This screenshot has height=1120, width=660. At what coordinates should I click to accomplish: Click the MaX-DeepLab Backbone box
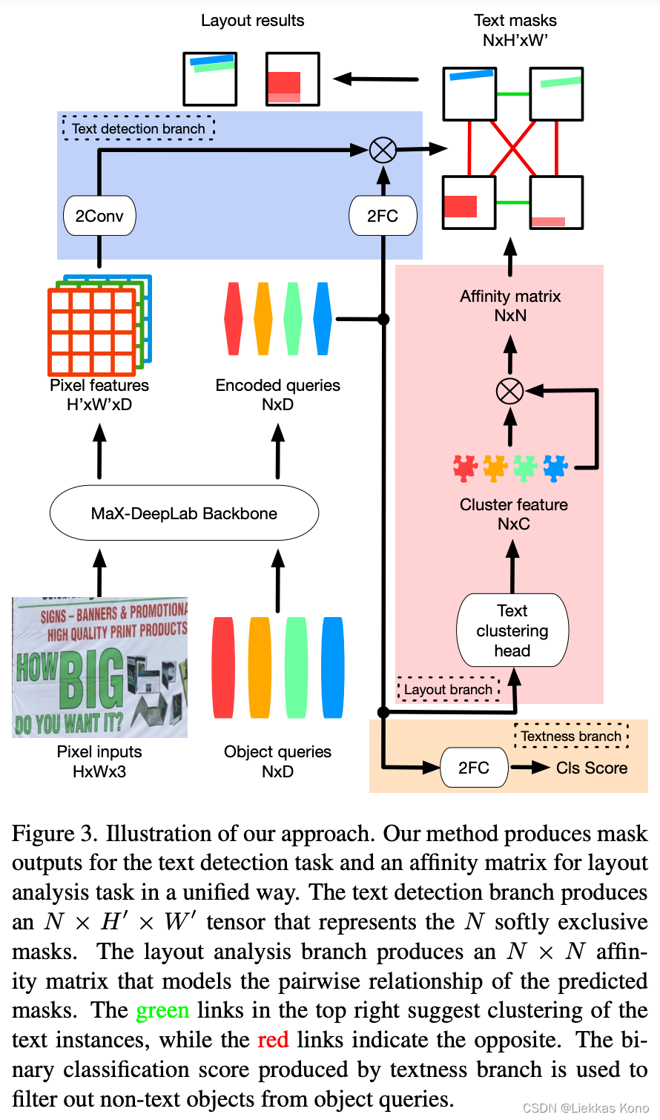coord(184,513)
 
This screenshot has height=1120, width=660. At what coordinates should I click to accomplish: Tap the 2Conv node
coord(99,216)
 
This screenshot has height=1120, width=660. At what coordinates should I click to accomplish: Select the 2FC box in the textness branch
coord(474,768)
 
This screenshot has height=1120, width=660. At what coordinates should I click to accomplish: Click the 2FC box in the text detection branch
coord(383,216)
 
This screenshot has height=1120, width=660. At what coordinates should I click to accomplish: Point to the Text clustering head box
coord(512,630)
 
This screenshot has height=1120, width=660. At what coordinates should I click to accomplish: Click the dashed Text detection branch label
coord(139,128)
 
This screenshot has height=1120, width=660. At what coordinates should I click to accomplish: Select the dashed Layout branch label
coord(448,689)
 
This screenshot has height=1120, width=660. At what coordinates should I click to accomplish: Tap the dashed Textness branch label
coord(571,736)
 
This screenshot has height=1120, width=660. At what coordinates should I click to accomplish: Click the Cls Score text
coord(592,768)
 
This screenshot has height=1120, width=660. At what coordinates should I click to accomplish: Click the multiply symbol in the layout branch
coord(509,390)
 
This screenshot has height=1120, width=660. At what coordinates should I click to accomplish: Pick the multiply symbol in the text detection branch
coord(383,150)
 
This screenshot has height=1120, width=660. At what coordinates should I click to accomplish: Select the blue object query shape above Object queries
coord(333,668)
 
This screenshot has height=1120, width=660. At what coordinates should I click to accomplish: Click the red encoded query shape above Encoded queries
coord(234,319)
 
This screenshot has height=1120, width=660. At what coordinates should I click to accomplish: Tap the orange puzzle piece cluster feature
coord(495,468)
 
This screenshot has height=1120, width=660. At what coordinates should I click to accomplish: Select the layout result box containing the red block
coord(293,79)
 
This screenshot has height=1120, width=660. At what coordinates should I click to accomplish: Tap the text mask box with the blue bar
coord(469,93)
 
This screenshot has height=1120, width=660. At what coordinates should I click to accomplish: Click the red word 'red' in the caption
coord(273,1040)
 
